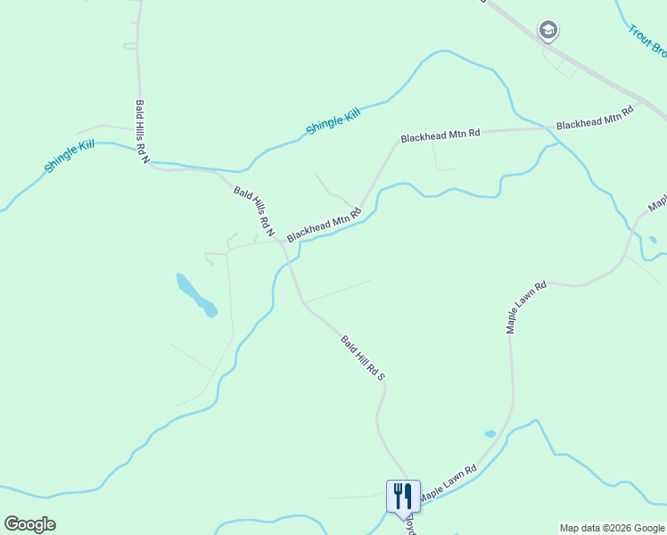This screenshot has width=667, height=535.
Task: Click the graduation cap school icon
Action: tap(548, 31)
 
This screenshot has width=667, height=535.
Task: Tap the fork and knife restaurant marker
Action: tap(402, 494)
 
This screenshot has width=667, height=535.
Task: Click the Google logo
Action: tap(29, 524)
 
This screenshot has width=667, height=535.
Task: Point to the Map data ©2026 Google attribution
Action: tap(612, 528)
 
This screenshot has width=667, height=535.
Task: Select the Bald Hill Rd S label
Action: tap(362, 358)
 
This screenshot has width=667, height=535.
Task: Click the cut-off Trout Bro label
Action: tap(646, 41)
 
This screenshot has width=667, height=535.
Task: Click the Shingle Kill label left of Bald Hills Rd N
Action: tap(70, 155)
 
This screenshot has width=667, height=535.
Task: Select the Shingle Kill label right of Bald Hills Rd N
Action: tap(333, 120)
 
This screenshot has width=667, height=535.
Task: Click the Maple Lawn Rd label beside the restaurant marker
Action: tap(449, 482)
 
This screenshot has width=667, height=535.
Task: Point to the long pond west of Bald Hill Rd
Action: tap(196, 295)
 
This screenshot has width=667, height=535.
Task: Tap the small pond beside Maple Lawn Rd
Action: tap(490, 434)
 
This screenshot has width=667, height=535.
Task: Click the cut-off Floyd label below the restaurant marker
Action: tap(412, 523)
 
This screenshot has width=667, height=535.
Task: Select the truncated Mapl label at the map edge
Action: tap(657, 203)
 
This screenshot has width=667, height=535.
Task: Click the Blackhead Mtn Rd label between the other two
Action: tap(441, 136)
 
